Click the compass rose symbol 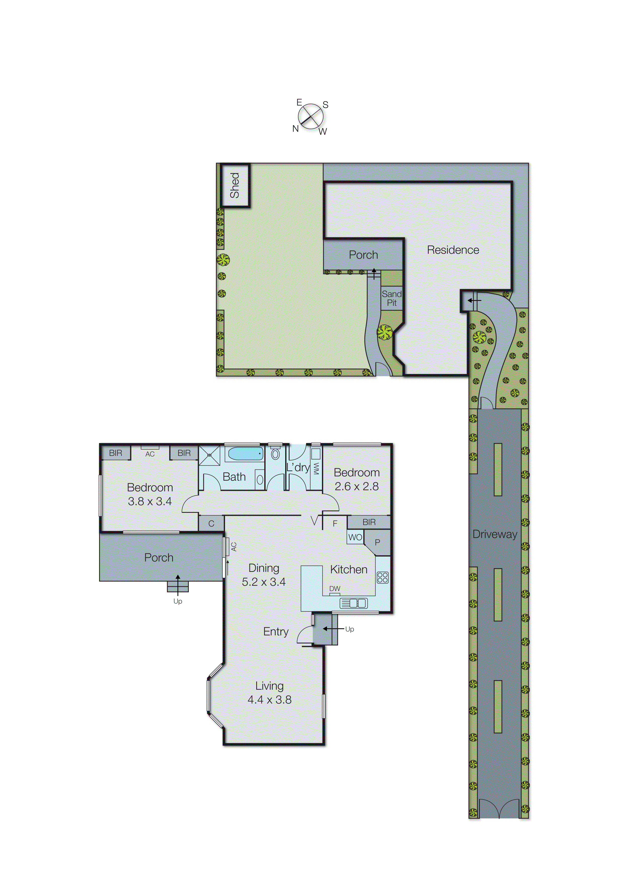click(310, 116)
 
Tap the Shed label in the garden click(234, 185)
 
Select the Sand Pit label click(391, 298)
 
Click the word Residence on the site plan click(453, 250)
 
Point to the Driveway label click(495, 534)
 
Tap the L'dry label click(298, 468)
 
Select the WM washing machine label click(316, 468)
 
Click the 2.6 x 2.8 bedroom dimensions click(357, 486)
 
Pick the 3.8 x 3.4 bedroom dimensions click(150, 501)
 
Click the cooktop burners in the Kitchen click(383, 577)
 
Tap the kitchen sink click(353, 603)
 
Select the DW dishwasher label click(335, 589)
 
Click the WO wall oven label click(355, 537)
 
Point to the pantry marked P click(377, 542)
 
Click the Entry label click(275, 632)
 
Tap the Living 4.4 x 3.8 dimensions click(269, 700)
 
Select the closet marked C click(211, 524)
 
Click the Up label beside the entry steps click(349, 629)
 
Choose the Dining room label click(264, 568)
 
